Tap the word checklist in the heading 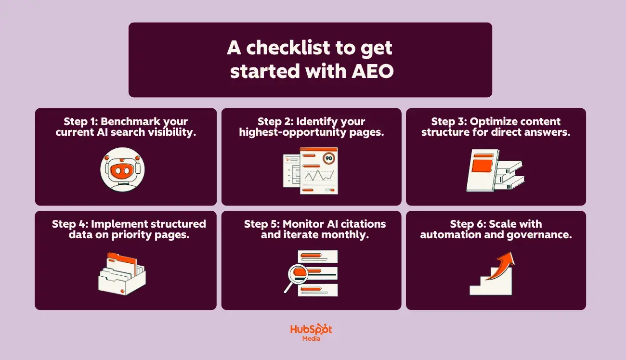pos(284,48)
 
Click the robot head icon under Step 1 pos(122,170)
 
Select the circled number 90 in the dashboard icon pos(329,158)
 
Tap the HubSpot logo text pos(311,330)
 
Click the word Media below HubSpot pos(311,338)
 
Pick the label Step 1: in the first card pos(80,121)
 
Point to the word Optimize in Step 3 pos(494,121)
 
